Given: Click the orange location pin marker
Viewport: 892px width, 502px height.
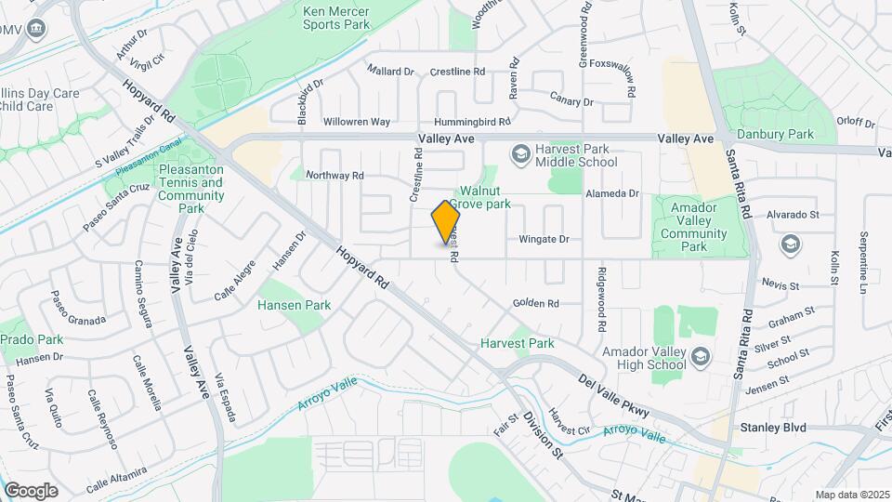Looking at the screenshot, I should coord(446,223).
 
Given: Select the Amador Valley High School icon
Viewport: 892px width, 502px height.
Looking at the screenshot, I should coord(701,356).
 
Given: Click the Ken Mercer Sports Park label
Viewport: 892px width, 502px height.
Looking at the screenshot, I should coord(335,18).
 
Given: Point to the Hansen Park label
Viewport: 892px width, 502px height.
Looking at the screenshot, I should coord(294,305).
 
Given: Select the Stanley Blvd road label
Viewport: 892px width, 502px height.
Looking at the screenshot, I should coord(772,428).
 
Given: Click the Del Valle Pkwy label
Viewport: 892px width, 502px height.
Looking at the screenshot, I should coord(612,396).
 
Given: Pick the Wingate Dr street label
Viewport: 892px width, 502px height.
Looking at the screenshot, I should coord(544,240).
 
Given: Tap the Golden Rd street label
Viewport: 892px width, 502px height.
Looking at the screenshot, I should coord(535,304).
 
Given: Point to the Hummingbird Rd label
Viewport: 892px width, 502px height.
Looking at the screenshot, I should coord(474,122).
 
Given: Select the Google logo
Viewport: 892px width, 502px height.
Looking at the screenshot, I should coord(31,490).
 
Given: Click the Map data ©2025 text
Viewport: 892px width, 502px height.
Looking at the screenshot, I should coord(852,495).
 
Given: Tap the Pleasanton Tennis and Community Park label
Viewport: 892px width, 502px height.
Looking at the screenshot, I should coord(191,189).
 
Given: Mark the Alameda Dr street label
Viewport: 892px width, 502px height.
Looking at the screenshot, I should coord(612,193).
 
